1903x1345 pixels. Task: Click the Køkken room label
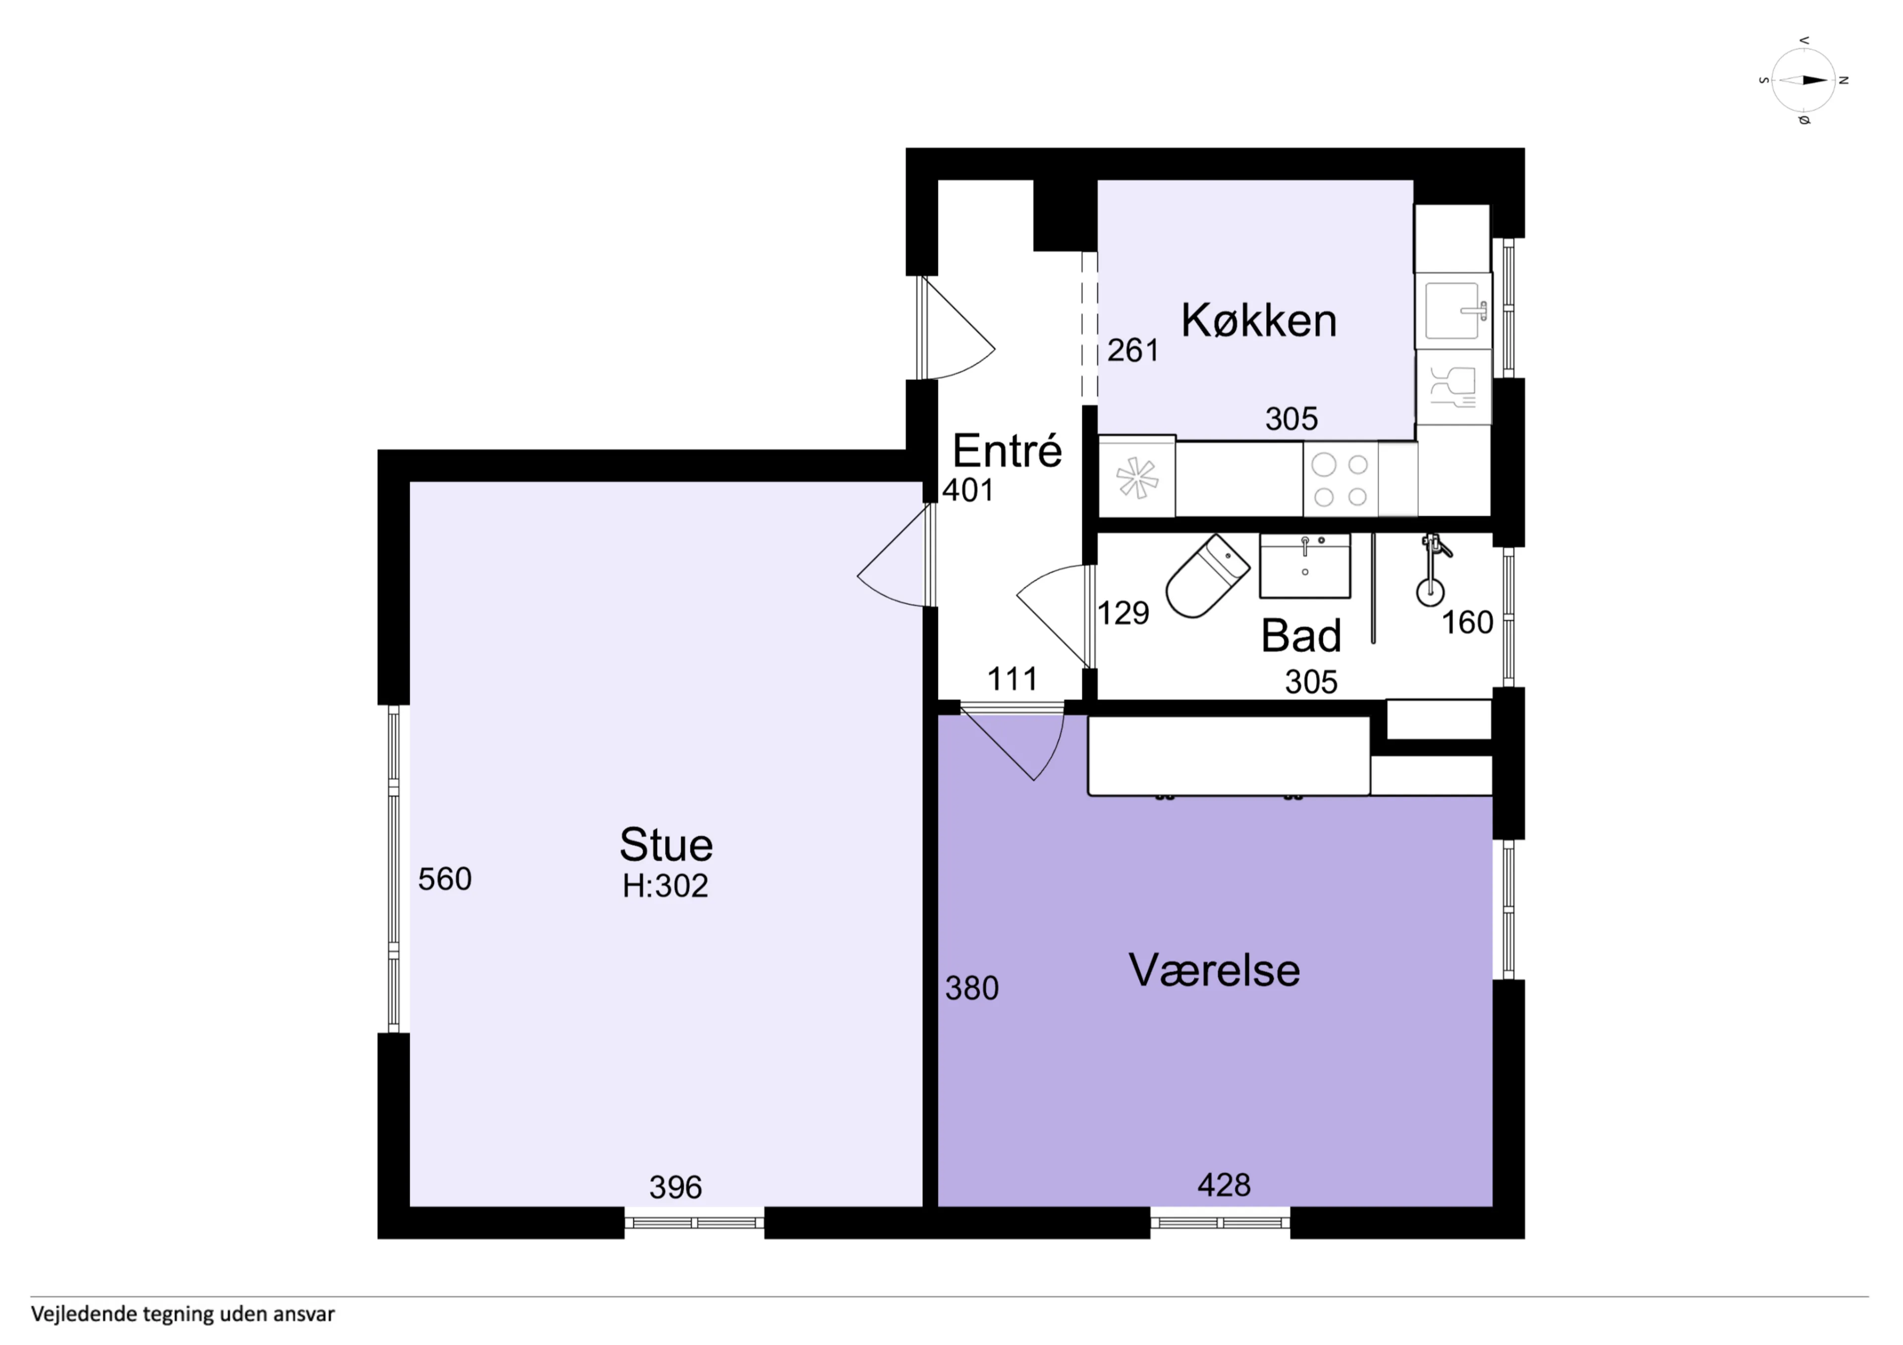(1258, 321)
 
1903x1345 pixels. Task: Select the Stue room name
(666, 845)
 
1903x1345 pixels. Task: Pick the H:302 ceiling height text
(666, 886)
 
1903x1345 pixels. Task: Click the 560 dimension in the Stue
(444, 878)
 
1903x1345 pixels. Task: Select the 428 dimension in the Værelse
(1224, 1185)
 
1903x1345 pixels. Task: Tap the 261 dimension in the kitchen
(1132, 351)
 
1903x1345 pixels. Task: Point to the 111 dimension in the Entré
(1012, 680)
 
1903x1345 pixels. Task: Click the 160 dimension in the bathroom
(1467, 622)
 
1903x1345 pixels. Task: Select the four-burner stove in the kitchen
(1340, 480)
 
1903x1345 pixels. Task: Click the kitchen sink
(1452, 311)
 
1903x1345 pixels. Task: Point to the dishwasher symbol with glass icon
(1453, 387)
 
